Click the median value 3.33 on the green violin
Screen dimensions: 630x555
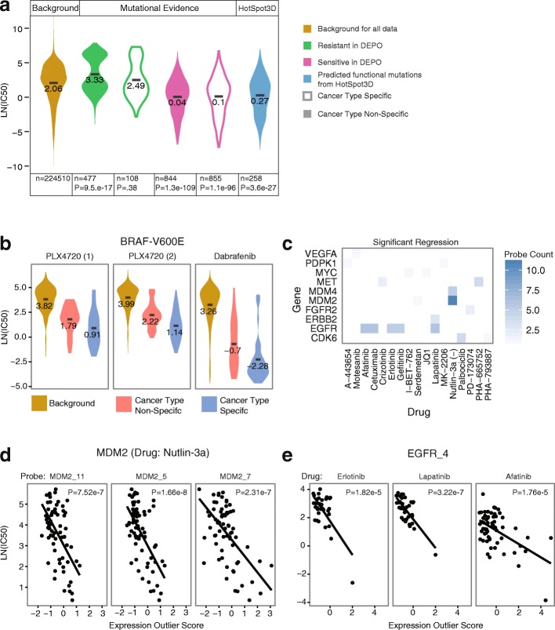95,80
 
